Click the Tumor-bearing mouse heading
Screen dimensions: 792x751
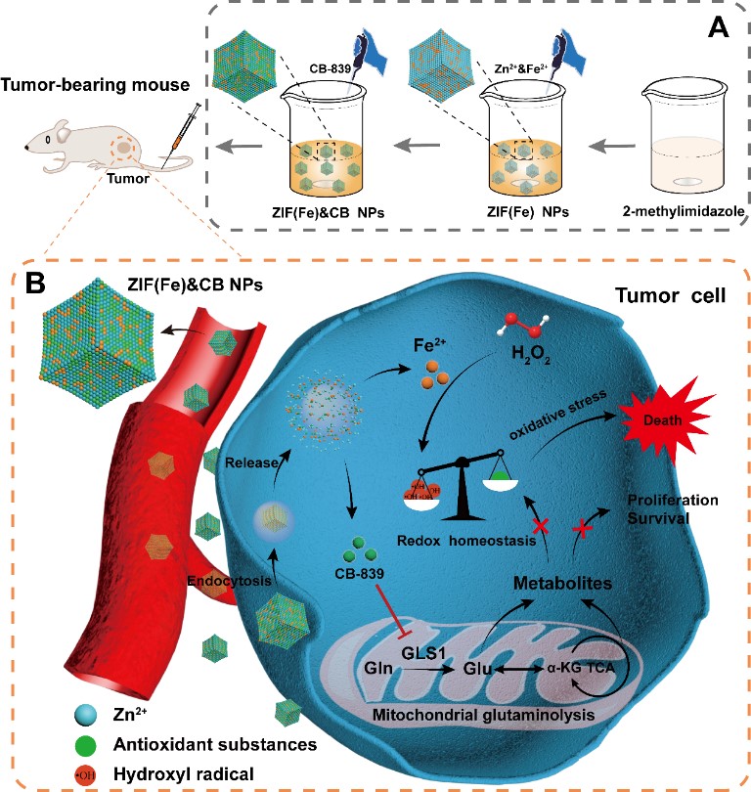(92, 86)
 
